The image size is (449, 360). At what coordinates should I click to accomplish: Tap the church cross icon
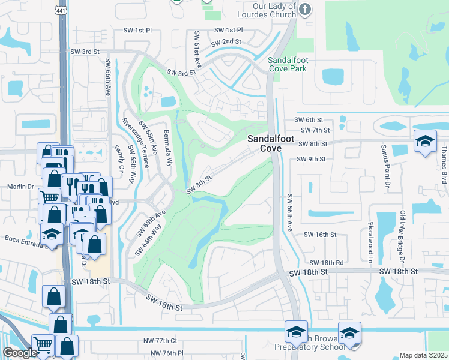coord(306,9)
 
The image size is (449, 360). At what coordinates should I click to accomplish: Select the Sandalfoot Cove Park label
coord(288,64)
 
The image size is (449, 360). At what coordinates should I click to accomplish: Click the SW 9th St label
coord(311,159)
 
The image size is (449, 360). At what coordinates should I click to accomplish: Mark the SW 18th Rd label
coord(326,263)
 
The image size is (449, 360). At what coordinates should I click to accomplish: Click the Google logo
coord(20,353)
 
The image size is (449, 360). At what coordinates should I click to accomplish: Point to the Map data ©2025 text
coord(424,355)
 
